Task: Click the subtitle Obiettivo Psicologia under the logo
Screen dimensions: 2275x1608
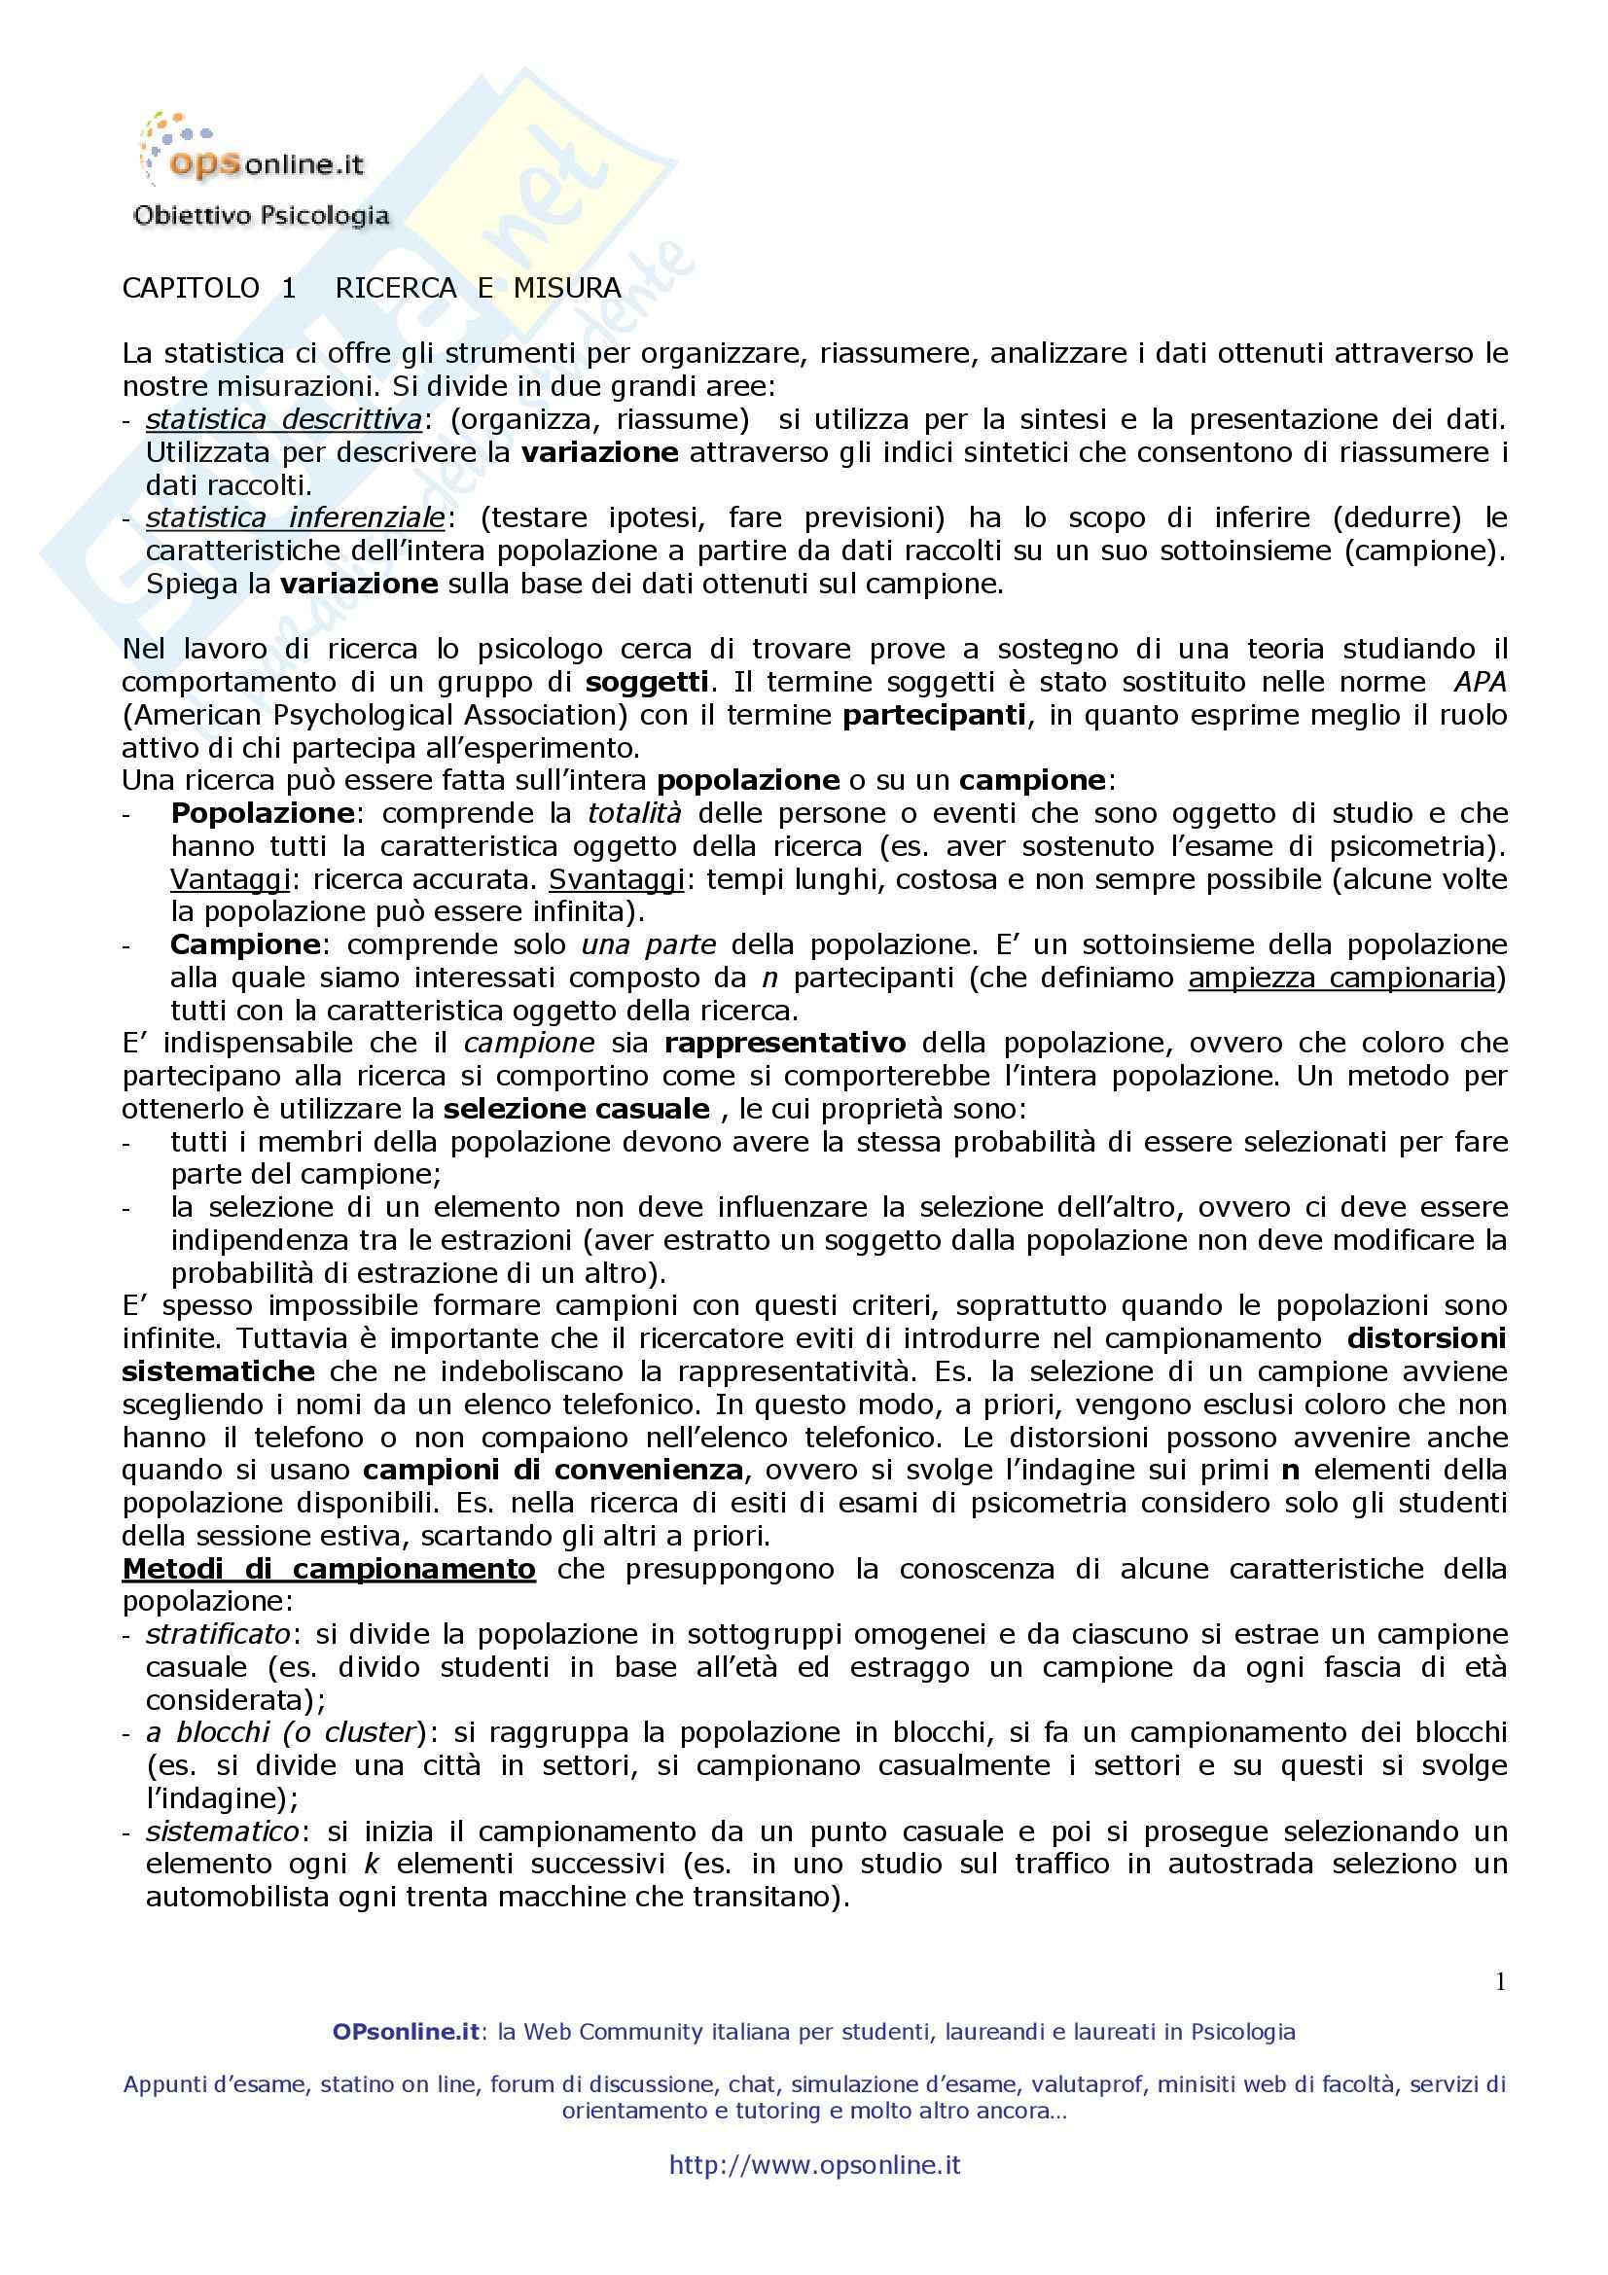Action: tap(261, 215)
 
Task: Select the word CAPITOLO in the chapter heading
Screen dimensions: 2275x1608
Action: tap(192, 288)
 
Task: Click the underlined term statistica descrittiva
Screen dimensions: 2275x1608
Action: tap(284, 420)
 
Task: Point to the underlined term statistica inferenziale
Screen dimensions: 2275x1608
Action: tap(297, 517)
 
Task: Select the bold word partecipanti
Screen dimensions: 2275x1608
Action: tap(933, 715)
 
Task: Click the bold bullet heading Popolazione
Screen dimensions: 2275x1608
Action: tap(263, 813)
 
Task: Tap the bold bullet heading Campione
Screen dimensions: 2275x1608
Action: tap(246, 944)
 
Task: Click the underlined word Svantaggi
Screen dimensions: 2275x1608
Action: tap(616, 879)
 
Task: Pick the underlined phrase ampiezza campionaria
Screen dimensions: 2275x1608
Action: tap(1341, 978)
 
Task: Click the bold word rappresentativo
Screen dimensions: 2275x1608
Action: tap(785, 1044)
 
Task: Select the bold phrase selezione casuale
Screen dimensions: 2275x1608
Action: tap(577, 1109)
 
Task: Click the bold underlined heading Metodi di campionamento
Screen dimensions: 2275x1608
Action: tap(329, 1569)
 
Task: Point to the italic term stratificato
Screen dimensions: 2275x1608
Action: tap(218, 1634)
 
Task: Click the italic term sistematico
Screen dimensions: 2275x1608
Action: tap(222, 1831)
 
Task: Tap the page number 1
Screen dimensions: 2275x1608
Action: tap(1500, 1980)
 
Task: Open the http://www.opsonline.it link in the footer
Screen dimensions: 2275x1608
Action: tap(814, 2165)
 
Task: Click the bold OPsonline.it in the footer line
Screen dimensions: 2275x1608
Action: tap(407, 2032)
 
